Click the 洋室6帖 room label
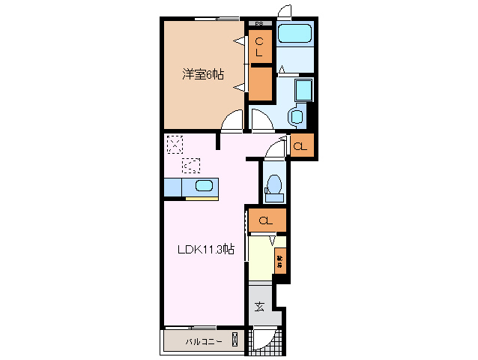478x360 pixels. (x=202, y=74)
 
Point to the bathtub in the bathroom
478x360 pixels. (x=293, y=34)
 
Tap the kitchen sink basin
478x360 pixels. (x=203, y=187)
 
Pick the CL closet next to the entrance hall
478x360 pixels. (x=265, y=220)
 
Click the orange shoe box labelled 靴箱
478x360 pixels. (x=279, y=262)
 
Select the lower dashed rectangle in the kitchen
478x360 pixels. (x=193, y=165)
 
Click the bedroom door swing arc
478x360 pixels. (x=234, y=120)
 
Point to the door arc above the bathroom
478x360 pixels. (x=284, y=13)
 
